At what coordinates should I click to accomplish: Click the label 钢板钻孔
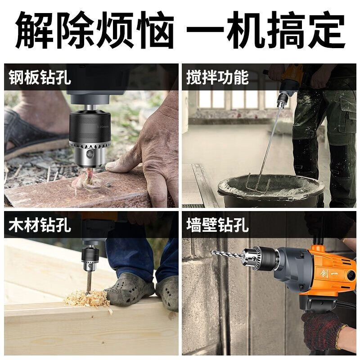(x=40, y=77)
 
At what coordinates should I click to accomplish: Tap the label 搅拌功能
(x=217, y=77)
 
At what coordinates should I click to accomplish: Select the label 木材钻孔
(x=40, y=225)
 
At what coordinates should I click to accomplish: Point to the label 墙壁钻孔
(x=217, y=225)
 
